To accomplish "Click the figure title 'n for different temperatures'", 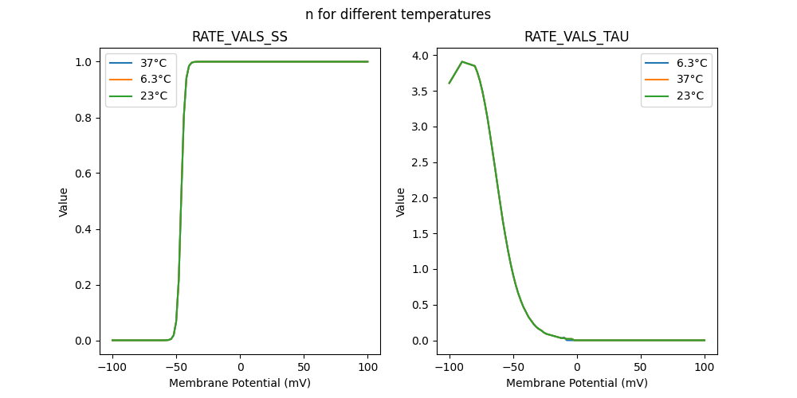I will pyautogui.click(x=398, y=14).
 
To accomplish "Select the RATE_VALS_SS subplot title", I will pyautogui.click(x=240, y=37).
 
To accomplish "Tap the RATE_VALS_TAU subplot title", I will pyautogui.click(x=576, y=37).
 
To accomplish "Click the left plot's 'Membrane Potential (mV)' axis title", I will pyautogui.click(x=240, y=383).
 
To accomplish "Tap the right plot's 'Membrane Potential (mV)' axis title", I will pyautogui.click(x=576, y=383).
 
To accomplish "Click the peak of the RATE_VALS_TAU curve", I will pyautogui.click(x=462, y=61).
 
